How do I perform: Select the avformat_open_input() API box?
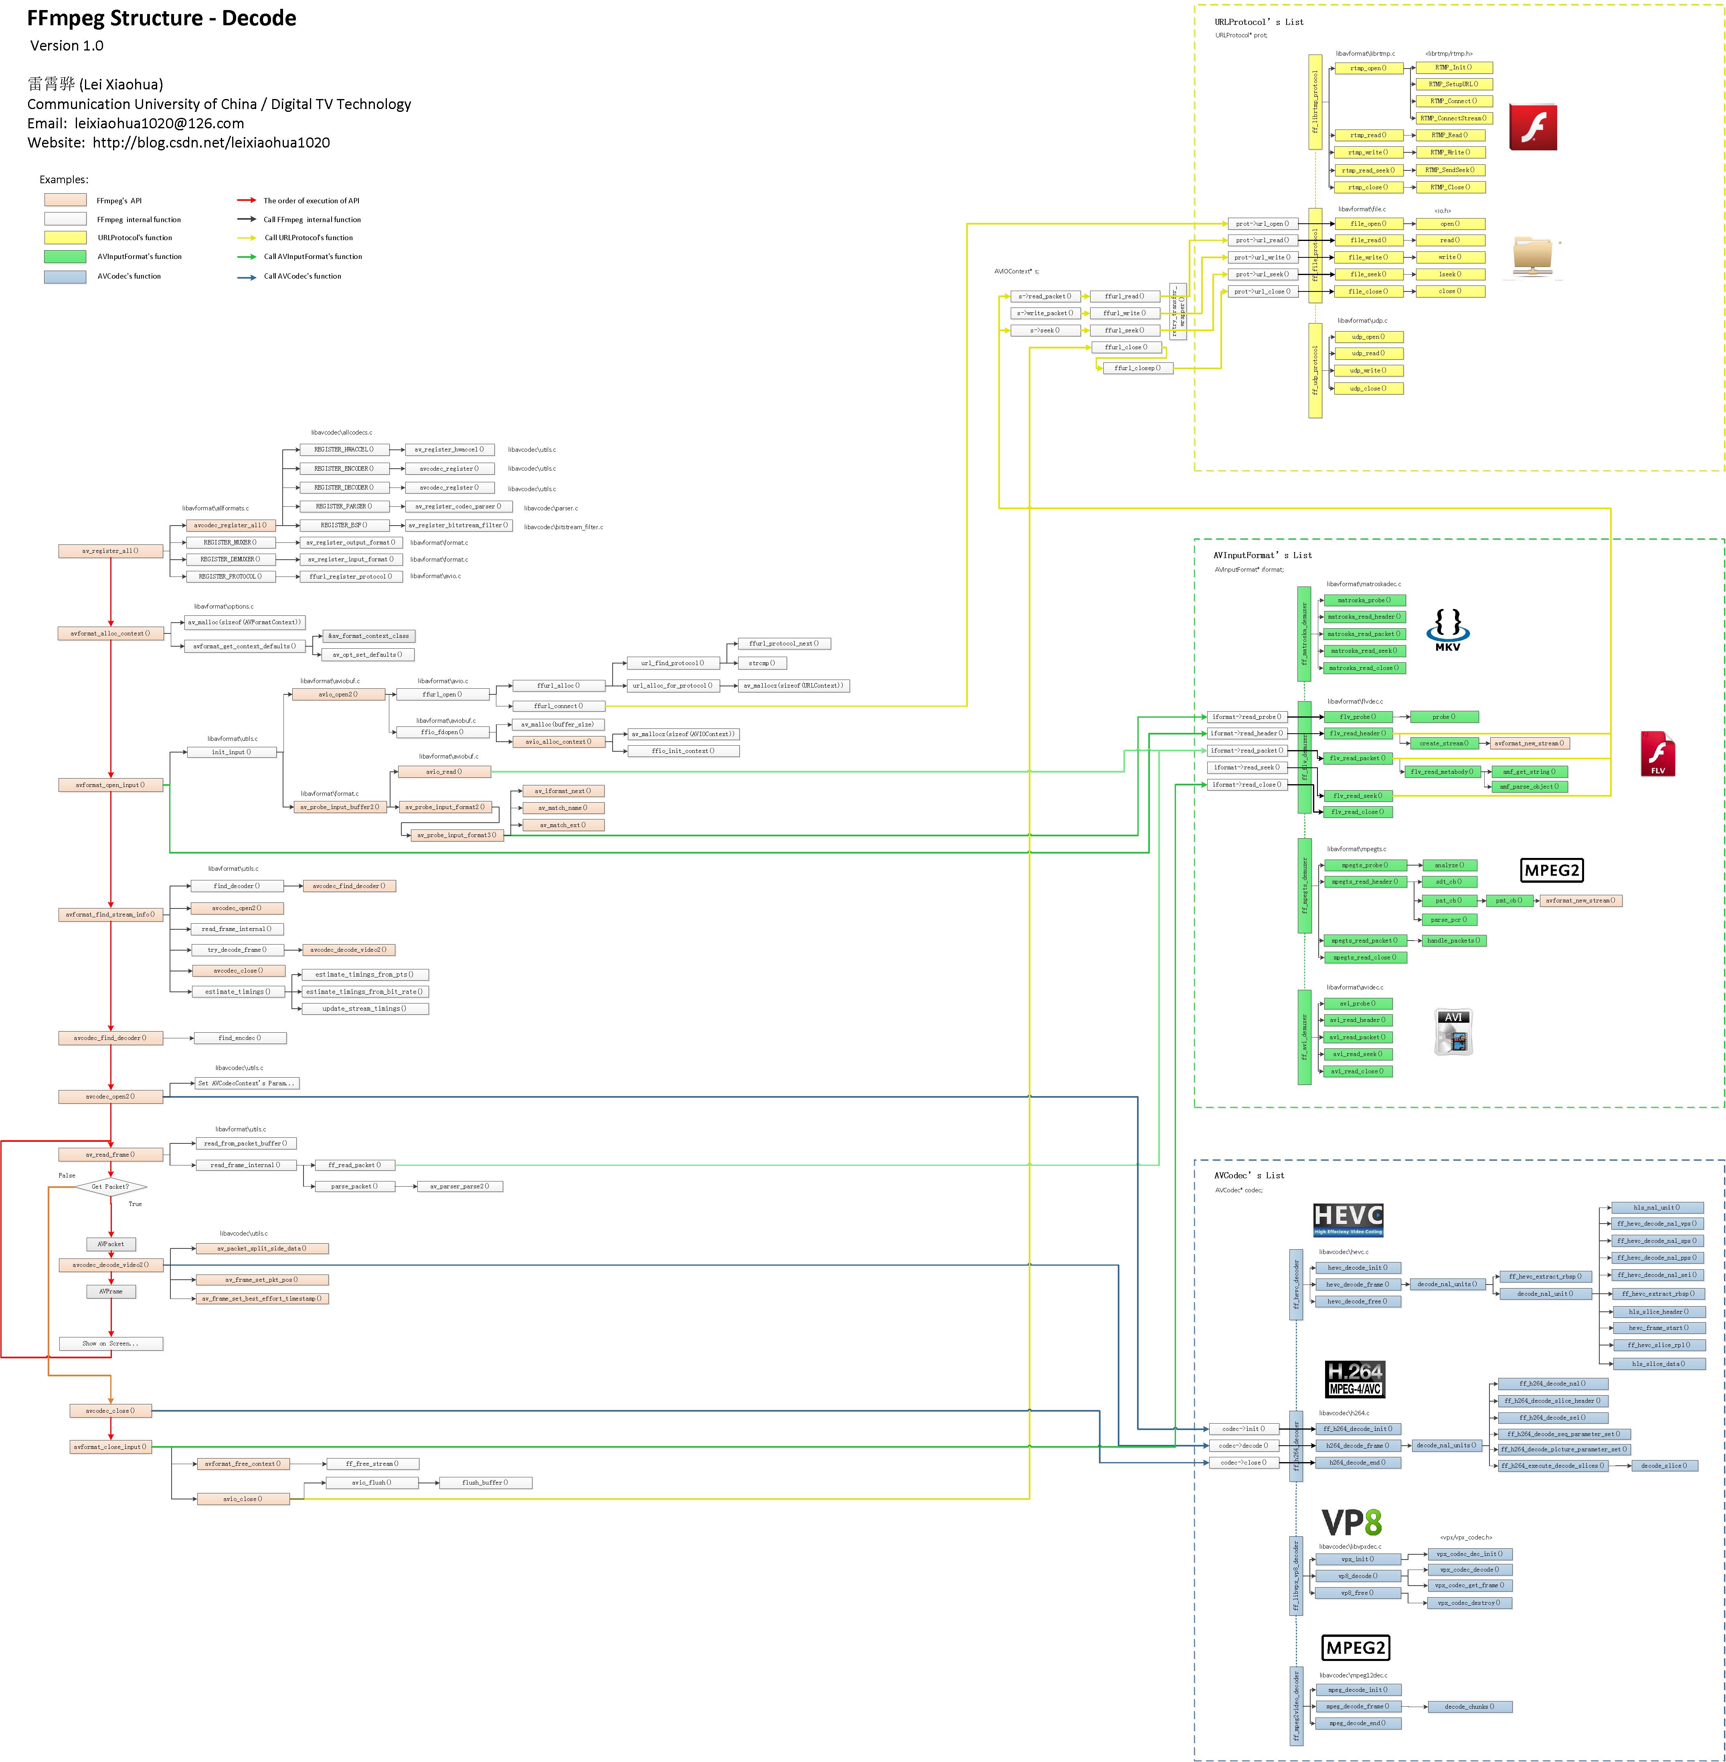point(111,785)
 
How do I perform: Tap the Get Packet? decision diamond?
point(111,1186)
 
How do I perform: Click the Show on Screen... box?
point(111,1343)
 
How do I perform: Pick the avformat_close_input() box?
point(111,1446)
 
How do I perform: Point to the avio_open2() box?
point(338,694)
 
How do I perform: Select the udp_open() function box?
point(1368,336)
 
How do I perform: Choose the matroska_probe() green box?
point(1364,600)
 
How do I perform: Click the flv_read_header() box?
point(1357,733)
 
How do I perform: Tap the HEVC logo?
point(1348,1219)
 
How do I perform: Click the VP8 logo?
point(1351,1523)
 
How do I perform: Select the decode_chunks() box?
point(1469,1707)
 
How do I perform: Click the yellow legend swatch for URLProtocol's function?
point(65,237)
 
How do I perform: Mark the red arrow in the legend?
point(247,200)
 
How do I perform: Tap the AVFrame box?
point(111,1292)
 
